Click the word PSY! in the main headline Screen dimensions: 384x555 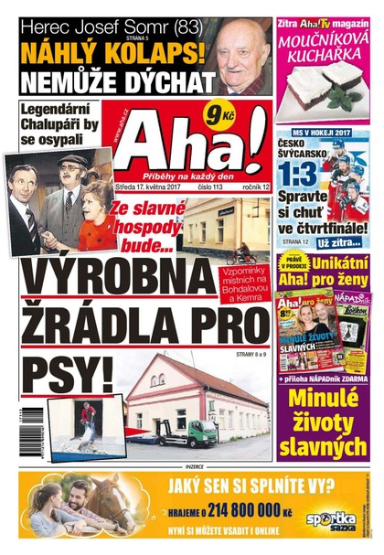66,374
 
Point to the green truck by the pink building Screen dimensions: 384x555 196,432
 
